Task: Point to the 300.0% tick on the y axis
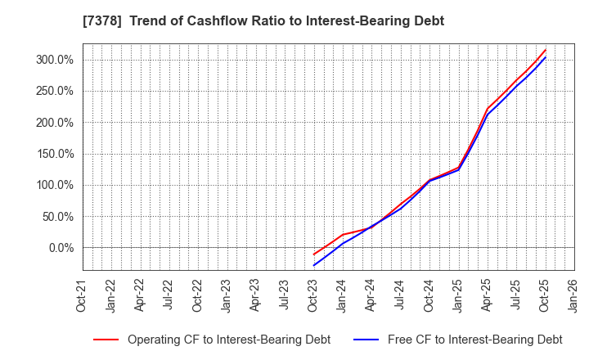pos(54,60)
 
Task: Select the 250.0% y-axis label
pos(54,91)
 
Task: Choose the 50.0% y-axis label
pos(57,217)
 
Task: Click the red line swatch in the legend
pos(106,340)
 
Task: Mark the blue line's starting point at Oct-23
pos(313,265)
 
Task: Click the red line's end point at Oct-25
pos(546,49)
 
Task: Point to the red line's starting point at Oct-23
pos(313,254)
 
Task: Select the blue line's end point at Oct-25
pos(546,56)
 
